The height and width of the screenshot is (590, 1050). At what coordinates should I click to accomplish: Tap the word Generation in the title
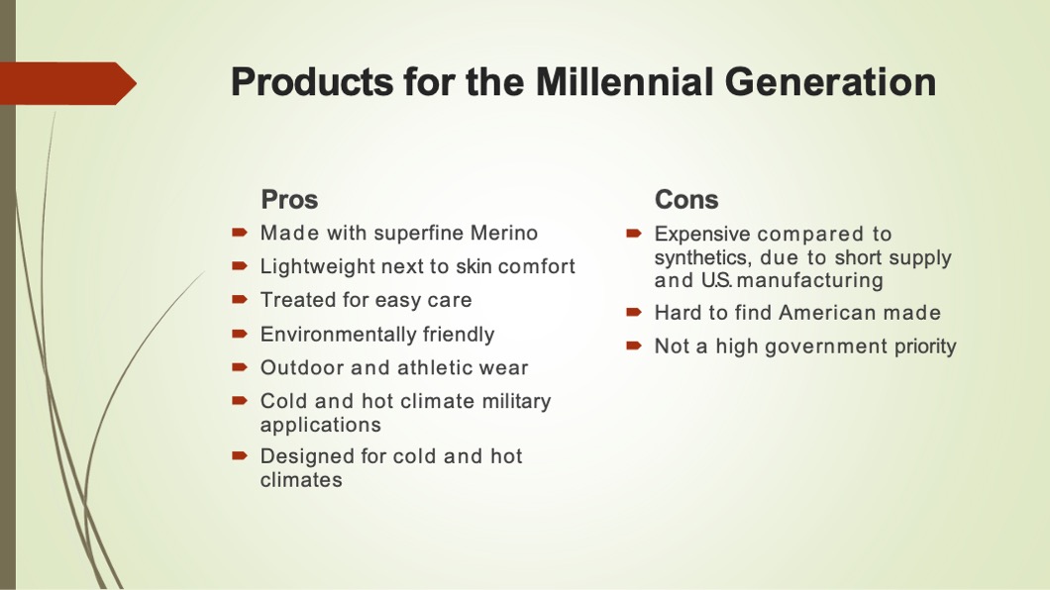[x=830, y=81]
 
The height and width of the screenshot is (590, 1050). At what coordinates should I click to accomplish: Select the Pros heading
[x=289, y=199]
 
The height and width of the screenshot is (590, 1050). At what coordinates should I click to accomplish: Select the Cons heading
[x=686, y=199]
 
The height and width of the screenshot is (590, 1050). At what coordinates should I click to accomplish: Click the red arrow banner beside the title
[x=68, y=83]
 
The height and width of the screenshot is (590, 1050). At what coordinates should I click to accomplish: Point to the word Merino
[x=503, y=233]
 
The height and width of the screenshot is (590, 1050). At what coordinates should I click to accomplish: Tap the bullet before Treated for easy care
[x=240, y=300]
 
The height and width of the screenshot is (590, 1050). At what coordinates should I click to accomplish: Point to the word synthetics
[x=701, y=257]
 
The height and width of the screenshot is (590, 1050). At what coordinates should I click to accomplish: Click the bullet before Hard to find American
[x=634, y=312]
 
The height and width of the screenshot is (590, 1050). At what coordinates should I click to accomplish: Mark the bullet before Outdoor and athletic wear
[x=240, y=366]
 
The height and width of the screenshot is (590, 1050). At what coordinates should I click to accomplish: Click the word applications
[x=321, y=426]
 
